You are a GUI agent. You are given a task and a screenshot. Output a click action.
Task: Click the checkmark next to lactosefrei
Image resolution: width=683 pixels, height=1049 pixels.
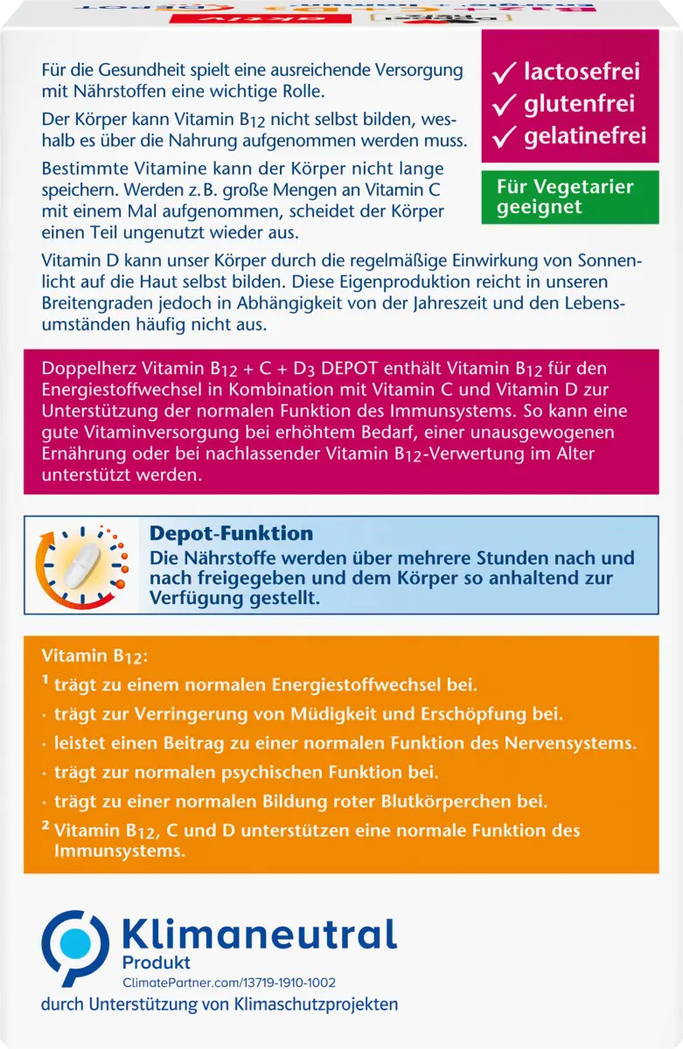505,73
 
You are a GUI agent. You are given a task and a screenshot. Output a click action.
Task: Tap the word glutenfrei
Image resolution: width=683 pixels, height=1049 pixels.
578,105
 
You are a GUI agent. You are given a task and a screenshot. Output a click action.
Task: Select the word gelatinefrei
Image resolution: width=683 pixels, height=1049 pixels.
585,136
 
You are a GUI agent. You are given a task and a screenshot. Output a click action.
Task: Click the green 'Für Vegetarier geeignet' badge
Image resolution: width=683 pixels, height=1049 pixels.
569,197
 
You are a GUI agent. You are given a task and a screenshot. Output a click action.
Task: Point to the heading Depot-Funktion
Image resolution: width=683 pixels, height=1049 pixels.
231,533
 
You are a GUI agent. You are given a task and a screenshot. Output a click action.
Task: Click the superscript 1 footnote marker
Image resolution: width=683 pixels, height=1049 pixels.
45,683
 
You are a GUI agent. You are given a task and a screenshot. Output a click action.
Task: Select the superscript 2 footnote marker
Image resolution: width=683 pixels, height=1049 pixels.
45,826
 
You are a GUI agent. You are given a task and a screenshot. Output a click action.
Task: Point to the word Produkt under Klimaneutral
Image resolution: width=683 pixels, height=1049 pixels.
156,962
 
